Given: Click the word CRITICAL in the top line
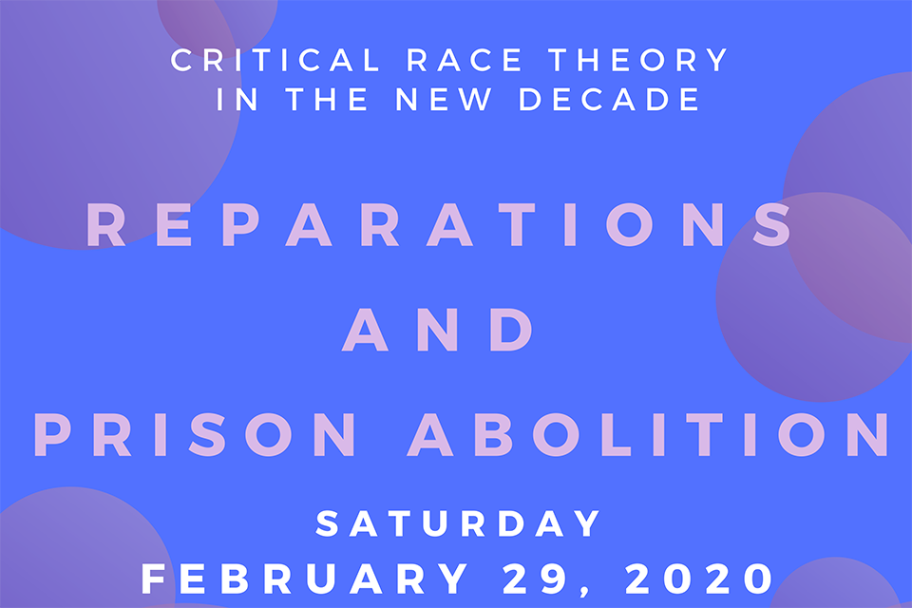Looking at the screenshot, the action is [275, 60].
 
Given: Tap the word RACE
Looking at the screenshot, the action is [465, 60].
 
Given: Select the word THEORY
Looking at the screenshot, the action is [638, 60].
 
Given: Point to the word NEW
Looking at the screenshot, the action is [444, 99].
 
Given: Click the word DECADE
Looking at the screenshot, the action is [609, 99].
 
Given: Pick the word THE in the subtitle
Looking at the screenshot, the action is [327, 99].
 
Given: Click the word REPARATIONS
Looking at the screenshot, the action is [439, 224].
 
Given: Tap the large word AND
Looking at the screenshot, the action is [437, 330].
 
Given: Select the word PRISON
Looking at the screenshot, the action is [195, 434].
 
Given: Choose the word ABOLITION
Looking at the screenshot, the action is [649, 434].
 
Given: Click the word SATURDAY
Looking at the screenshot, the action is [458, 523].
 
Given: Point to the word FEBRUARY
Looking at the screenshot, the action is [305, 579].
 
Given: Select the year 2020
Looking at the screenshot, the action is [699, 579].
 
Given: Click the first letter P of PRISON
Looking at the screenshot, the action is [52, 434].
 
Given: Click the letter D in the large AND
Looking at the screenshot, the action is [512, 330].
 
